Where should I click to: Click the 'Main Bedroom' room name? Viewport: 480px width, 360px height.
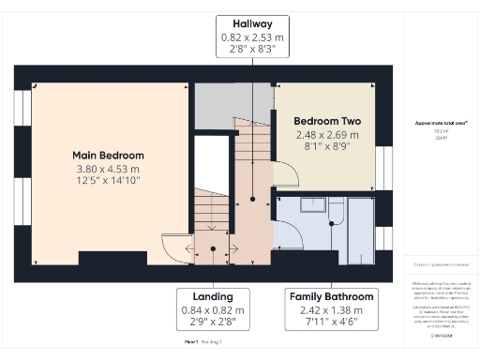coord(109,155)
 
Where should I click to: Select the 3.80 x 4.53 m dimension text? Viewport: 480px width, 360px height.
coord(109,169)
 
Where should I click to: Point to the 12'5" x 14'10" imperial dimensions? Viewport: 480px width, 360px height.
coord(109,182)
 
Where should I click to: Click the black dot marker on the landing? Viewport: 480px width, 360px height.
coord(214,248)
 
